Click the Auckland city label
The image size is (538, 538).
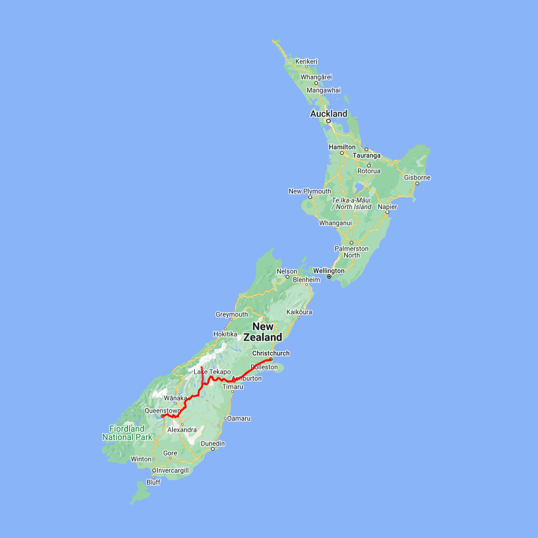328,114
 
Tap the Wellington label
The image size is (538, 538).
329,271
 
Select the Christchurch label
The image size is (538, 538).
271,353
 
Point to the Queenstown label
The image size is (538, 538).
162,411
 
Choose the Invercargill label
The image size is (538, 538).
173,470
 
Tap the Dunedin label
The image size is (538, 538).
213,444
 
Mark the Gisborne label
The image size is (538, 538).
417,178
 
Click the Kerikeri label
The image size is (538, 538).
307,62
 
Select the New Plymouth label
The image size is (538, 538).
310,191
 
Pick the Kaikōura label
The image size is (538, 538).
299,312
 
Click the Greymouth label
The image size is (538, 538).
232,314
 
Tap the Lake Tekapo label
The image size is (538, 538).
212,372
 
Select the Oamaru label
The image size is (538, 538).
239,418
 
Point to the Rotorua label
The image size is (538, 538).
369,171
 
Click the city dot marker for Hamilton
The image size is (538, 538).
342,153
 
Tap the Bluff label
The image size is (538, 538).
153,482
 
